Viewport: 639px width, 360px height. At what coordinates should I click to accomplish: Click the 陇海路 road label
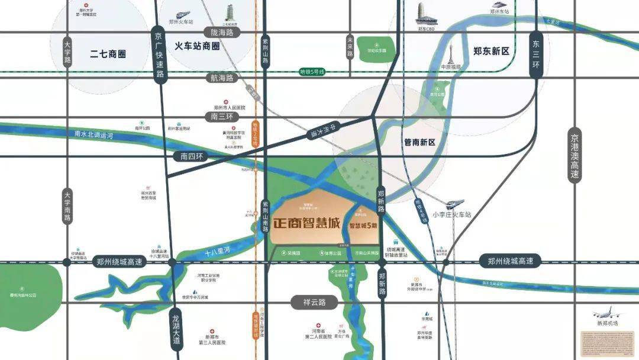point(218,31)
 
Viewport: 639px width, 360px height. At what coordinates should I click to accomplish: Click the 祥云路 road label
point(314,302)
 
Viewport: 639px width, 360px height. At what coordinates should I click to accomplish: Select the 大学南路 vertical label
point(67,206)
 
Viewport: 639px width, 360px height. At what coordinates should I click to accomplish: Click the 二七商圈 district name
point(108,54)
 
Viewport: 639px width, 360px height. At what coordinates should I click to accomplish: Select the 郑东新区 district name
point(491,52)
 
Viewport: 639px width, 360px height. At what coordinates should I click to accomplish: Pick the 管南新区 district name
point(419,142)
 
